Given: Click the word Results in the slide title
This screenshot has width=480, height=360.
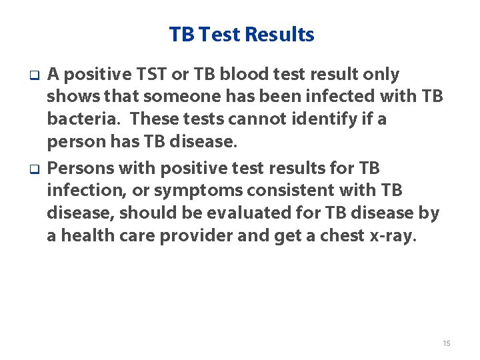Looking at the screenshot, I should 280,35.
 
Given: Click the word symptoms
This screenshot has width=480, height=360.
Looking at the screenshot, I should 198,190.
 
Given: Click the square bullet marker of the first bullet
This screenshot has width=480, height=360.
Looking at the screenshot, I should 31,75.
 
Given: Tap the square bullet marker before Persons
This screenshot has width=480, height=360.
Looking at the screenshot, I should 31,167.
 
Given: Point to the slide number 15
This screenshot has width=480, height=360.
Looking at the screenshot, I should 446,343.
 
